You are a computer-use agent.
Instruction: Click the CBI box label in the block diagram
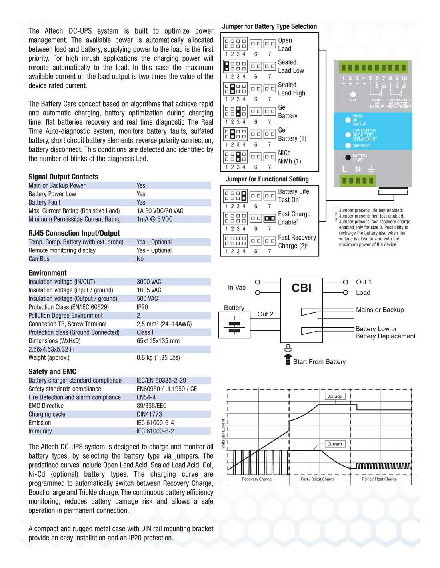click(301, 288)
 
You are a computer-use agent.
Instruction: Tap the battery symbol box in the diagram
click(234, 325)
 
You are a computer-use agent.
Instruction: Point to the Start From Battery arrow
click(288, 359)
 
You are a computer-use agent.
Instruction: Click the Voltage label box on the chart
click(334, 396)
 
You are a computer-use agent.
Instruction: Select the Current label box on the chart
click(334, 444)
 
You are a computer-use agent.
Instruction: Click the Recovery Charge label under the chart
click(256, 479)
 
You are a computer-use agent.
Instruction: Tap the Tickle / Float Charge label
click(379, 479)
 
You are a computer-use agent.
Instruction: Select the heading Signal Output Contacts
click(63, 177)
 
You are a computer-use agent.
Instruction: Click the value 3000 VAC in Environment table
click(149, 282)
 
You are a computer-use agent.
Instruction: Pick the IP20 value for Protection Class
click(142, 307)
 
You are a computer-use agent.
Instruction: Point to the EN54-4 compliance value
click(146, 397)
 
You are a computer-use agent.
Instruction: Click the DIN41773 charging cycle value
click(149, 414)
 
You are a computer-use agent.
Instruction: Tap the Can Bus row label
click(39, 259)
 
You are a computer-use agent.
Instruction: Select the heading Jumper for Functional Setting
click(267, 179)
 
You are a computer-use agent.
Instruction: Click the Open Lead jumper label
click(285, 44)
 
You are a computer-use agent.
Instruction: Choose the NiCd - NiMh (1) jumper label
click(289, 157)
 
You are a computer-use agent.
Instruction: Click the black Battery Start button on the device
click(348, 157)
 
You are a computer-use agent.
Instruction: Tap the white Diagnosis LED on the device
click(348, 146)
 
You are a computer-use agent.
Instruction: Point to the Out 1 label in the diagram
click(363, 282)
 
